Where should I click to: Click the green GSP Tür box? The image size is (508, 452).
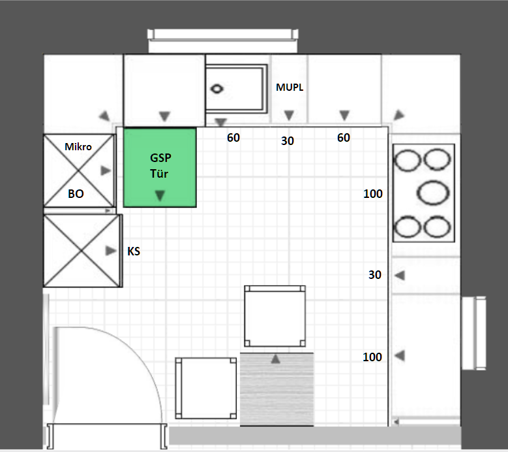click(x=160, y=167)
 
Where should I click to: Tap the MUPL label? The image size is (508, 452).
click(x=290, y=87)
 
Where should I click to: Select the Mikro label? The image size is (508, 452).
click(x=78, y=147)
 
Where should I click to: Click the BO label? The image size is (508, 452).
click(x=76, y=194)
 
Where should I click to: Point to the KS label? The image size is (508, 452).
click(x=134, y=251)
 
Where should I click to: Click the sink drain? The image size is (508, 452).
click(x=217, y=89)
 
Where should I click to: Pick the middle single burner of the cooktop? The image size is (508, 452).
click(x=433, y=193)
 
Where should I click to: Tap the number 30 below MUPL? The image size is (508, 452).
click(x=288, y=141)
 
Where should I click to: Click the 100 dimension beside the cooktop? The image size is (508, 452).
click(x=373, y=194)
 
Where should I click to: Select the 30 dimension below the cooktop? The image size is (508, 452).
click(x=375, y=275)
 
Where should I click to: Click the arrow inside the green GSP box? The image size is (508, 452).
click(x=160, y=195)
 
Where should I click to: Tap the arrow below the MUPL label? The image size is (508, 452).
click(x=289, y=115)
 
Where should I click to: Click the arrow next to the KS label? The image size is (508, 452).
click(x=111, y=251)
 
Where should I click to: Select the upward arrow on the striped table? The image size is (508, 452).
click(x=275, y=359)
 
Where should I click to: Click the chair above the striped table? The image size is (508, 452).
click(x=275, y=316)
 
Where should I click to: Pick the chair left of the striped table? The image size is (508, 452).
click(x=205, y=388)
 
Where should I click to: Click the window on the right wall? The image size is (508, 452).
click(x=473, y=333)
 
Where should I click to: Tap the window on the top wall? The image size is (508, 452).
click(x=223, y=40)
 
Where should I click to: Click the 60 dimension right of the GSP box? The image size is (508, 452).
click(x=233, y=138)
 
